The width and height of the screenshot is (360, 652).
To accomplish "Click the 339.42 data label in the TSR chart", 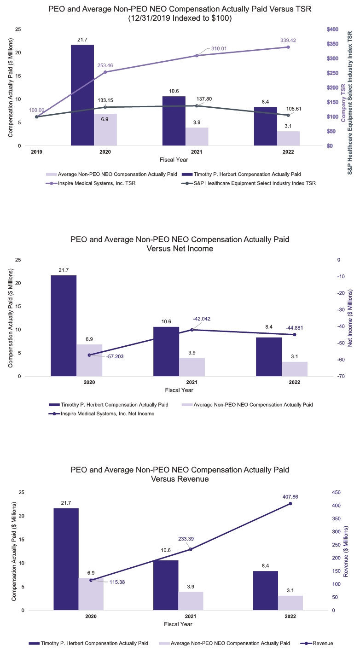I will (288, 41).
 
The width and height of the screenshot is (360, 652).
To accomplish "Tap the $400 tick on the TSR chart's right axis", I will (332, 29).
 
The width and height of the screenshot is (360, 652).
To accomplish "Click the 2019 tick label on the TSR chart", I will (37, 151).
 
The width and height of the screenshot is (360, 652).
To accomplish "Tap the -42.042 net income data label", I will (202, 319).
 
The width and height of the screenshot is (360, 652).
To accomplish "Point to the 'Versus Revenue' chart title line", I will (180, 479).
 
